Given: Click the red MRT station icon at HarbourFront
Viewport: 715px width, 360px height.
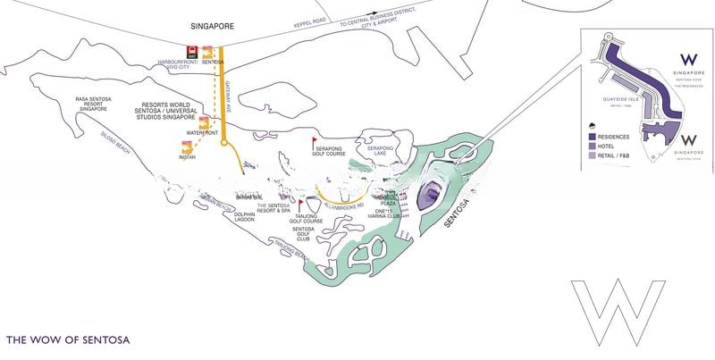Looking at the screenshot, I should (190, 51).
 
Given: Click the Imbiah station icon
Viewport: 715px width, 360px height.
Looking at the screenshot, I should (188, 148).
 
